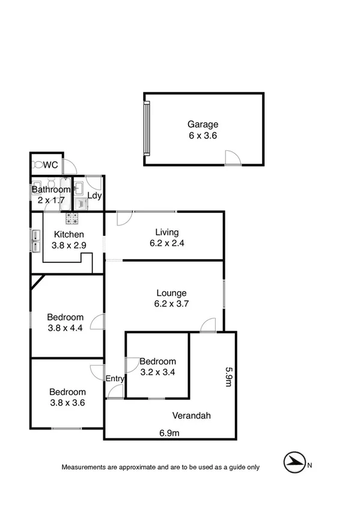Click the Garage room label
(x=203, y=125)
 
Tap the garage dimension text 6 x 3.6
(x=203, y=136)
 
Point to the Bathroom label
(x=51, y=190)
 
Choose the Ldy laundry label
(x=94, y=195)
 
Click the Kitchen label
(x=69, y=235)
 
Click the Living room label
(x=167, y=233)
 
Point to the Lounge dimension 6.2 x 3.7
(x=172, y=304)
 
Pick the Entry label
(x=115, y=378)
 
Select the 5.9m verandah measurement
(x=228, y=378)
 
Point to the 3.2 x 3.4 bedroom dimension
(x=157, y=372)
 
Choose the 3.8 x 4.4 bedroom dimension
(x=66, y=328)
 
